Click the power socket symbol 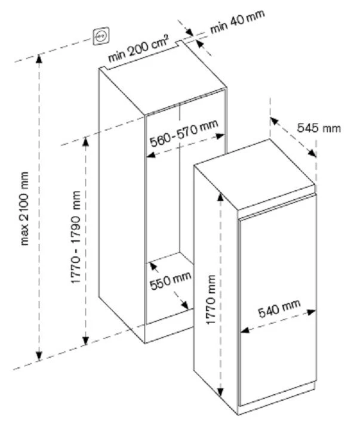(x=100, y=37)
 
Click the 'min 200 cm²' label (x=139, y=48)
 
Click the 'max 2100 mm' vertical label (x=24, y=209)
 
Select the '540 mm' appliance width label (x=279, y=309)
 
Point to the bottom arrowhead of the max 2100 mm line (x=39, y=358)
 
